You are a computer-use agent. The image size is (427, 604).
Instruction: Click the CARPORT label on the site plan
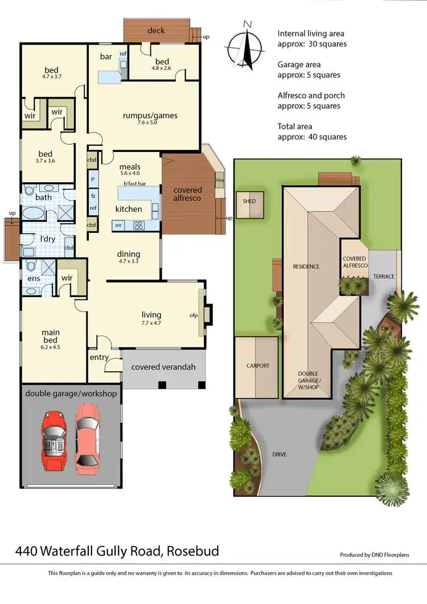coord(257,366)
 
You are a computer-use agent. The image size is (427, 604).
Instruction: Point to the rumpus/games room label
coord(150,116)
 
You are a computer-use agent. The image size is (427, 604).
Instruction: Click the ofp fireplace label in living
coord(193,315)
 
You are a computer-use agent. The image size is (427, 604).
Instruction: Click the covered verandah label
coord(163,367)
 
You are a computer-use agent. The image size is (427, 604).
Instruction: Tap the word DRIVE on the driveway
coord(279,454)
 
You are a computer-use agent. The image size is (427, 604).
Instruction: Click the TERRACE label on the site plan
coord(383,277)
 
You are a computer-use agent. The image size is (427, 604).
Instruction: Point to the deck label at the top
coord(156,30)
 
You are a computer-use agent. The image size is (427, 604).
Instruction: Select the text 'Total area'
coord(294,126)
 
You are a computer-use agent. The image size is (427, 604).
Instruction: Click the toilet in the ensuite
coord(30,266)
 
